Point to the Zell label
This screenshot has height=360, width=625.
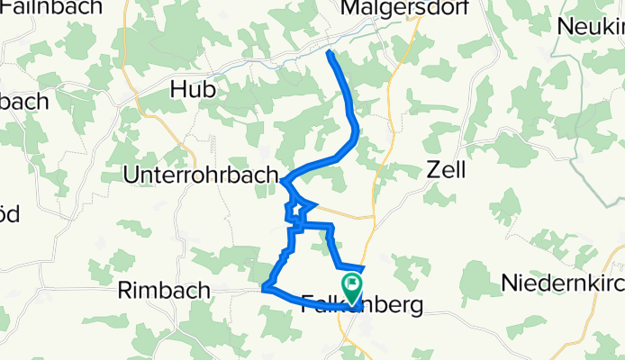pos(446,169)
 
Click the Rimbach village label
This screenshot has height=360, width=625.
pos(164,291)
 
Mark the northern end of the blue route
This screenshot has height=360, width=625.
pos(329,54)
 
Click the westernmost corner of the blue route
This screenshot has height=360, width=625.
pos(264,289)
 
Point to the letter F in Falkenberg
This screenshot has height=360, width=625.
pos(304,306)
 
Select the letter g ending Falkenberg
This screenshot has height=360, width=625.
pos(415,308)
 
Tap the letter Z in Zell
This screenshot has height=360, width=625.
pos(430,169)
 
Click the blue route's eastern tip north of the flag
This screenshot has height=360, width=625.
pos(363,267)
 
